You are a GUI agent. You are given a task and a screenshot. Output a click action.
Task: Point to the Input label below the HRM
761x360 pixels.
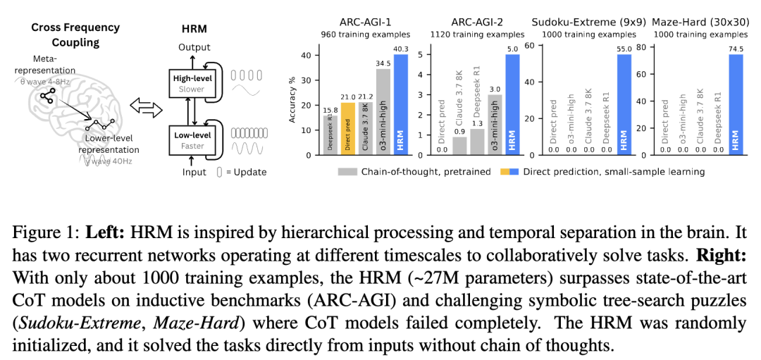(x=194, y=172)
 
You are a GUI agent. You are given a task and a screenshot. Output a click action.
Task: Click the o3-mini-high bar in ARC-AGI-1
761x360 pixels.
(x=383, y=112)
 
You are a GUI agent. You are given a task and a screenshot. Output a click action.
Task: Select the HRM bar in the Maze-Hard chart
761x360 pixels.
(x=736, y=105)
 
